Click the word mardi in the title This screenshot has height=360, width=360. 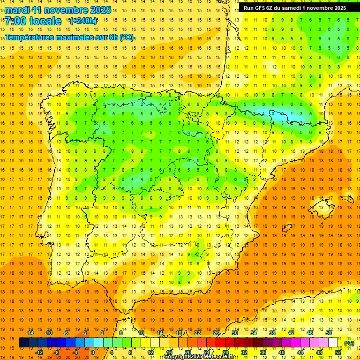point(16,10)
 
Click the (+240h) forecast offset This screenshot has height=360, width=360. point(83,21)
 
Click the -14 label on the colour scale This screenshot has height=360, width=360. point(30,333)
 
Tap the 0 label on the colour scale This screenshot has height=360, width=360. point(93,352)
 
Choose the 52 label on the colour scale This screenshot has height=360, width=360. point(337,352)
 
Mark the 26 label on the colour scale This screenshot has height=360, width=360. point(216,333)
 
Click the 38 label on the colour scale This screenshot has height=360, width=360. point(272,333)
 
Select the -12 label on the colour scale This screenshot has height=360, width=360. point(39,352)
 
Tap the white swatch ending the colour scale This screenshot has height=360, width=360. point(333,343)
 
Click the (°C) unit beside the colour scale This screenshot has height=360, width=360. point(349,343)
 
